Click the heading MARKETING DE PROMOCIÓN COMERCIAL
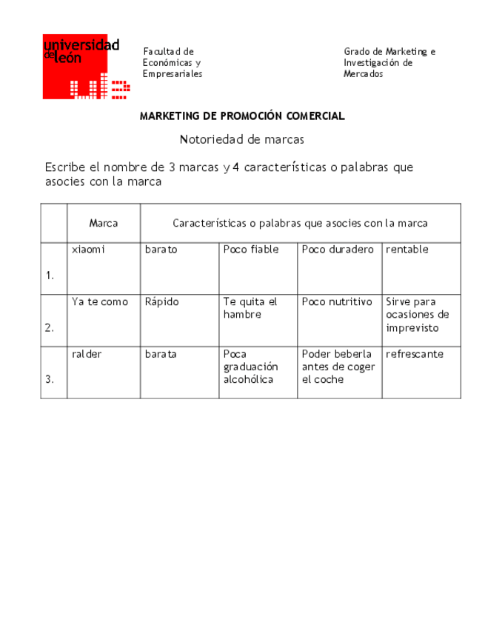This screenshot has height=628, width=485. pyautogui.click(x=242, y=116)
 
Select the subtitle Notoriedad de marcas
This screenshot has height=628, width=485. pyautogui.click(x=242, y=139)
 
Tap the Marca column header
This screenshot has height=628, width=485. pyautogui.click(x=104, y=223)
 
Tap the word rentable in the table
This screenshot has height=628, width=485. pyautogui.click(x=407, y=250)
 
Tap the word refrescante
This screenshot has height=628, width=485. pyautogui.click(x=415, y=354)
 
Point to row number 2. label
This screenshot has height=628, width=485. pyautogui.click(x=50, y=327)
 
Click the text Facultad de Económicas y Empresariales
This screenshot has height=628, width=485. pyautogui.click(x=173, y=63)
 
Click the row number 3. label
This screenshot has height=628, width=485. pyautogui.click(x=50, y=379)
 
